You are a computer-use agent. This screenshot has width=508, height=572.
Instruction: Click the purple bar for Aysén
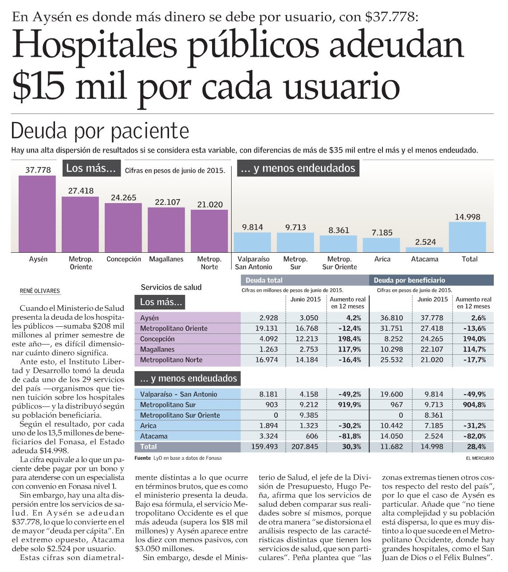37,214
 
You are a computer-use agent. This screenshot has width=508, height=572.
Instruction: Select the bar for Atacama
424,250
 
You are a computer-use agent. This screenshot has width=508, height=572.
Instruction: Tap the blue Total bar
467,237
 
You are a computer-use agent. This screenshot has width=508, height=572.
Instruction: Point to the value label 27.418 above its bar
81,191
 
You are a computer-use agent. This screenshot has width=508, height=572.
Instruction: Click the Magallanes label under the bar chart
166,259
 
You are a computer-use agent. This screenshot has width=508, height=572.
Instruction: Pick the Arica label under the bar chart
382,259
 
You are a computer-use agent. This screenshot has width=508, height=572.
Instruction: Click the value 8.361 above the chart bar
339,231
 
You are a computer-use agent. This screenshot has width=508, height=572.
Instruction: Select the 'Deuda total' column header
264,280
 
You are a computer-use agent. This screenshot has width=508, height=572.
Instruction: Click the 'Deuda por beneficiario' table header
409,280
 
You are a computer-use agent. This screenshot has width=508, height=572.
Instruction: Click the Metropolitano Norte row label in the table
171,360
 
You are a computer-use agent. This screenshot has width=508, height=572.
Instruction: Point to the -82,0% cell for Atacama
474,436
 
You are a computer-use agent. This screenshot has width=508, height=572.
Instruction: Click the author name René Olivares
40,291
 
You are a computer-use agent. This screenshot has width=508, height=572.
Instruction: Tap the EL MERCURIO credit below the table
479,458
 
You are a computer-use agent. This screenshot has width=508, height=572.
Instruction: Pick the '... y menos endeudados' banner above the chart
298,168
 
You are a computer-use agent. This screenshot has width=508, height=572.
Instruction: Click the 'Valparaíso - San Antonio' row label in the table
179,394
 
